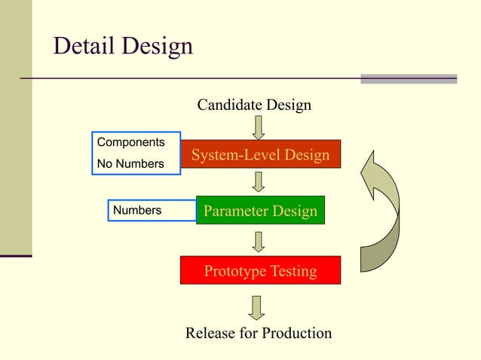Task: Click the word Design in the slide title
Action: tap(155, 47)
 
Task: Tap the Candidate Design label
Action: tap(253, 105)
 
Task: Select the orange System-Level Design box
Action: tap(260, 154)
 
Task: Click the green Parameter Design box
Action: tap(260, 211)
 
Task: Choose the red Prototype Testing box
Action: tap(260, 271)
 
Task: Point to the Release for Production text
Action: tap(258, 333)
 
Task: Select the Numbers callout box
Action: tap(151, 210)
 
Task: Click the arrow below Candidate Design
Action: tap(259, 127)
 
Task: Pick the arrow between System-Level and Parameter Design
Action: tap(259, 182)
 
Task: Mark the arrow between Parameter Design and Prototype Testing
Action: tap(259, 241)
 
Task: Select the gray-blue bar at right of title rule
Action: tap(408, 78)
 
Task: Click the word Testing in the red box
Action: tap(290, 271)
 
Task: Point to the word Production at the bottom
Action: tap(293, 333)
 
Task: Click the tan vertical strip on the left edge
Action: tap(16, 128)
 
